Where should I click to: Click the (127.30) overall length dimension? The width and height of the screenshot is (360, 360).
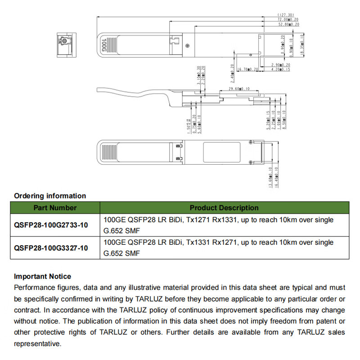pos(286,15)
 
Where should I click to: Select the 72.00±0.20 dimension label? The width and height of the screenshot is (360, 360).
pos(288,20)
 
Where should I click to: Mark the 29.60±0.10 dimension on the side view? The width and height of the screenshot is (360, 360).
pos(239,90)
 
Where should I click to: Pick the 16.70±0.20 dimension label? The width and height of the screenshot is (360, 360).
pos(247,69)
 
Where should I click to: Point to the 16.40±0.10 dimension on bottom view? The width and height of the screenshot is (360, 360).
pos(276,177)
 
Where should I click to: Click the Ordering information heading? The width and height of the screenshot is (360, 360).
pos(50,196)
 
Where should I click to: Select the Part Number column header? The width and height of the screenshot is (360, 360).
pos(55,208)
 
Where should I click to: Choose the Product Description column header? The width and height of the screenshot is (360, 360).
pos(224,208)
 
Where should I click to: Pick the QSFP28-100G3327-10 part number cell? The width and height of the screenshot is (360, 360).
pos(51,248)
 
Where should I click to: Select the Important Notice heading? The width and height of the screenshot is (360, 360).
pos(42,276)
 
